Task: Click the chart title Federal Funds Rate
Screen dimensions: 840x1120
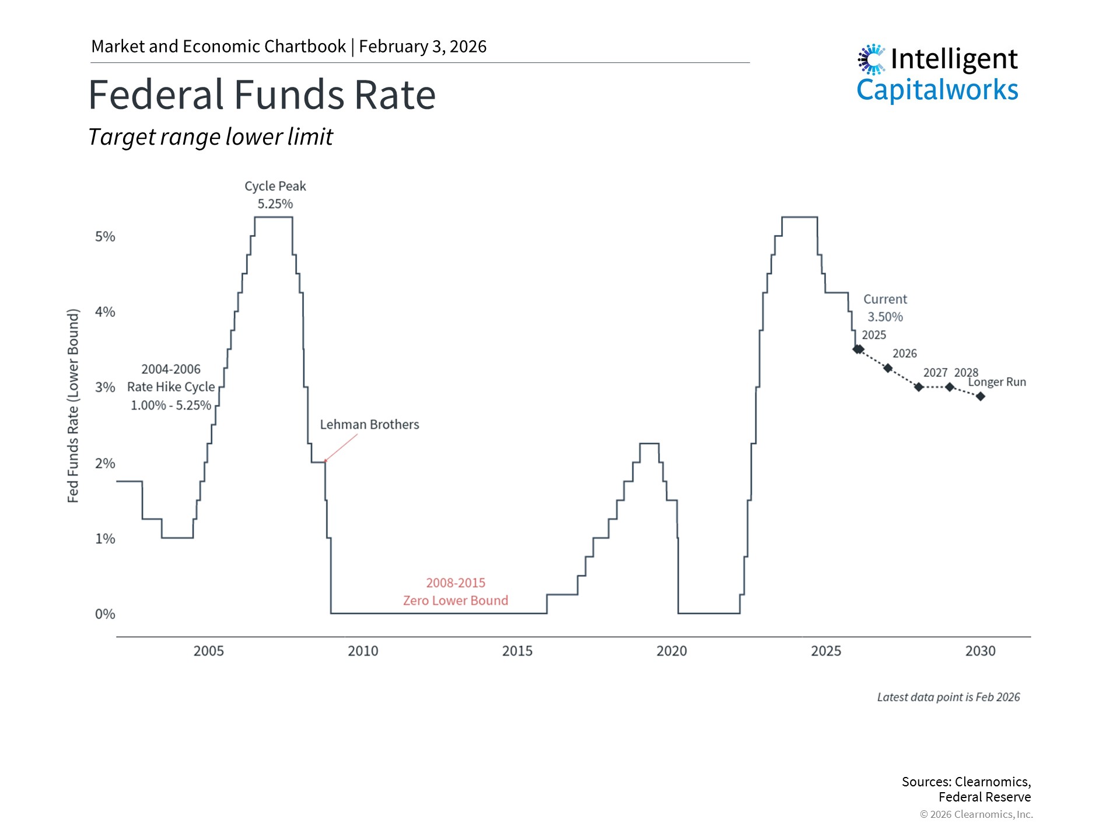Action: [x=262, y=94]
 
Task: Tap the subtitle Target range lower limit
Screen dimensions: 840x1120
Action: [x=210, y=137]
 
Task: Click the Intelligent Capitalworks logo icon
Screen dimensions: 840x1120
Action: [x=871, y=59]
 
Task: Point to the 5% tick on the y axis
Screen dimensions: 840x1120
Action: [x=105, y=236]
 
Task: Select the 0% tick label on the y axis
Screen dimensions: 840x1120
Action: [x=105, y=614]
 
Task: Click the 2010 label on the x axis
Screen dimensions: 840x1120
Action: [x=363, y=651]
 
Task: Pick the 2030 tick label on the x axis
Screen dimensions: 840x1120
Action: [x=980, y=651]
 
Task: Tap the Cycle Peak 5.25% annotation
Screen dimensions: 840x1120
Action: [x=275, y=195]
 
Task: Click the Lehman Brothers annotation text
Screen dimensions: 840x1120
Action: [x=369, y=425]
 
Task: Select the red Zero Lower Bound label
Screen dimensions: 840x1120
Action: [x=456, y=600]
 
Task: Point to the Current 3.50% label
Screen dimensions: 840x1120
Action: [x=885, y=308]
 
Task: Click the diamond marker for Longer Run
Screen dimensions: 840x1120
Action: [x=981, y=397]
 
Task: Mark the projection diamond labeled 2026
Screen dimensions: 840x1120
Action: [x=888, y=368]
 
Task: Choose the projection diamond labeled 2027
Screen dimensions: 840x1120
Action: [x=919, y=387]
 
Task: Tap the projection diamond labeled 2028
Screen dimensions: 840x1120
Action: [x=950, y=387]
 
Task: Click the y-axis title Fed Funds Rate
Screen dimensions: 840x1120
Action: [x=73, y=405]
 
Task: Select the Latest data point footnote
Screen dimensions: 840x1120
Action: [x=949, y=697]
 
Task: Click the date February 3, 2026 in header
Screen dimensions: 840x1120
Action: [x=422, y=47]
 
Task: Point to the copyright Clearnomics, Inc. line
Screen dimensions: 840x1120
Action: [x=976, y=814]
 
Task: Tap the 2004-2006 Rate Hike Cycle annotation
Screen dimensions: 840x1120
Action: [x=171, y=387]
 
